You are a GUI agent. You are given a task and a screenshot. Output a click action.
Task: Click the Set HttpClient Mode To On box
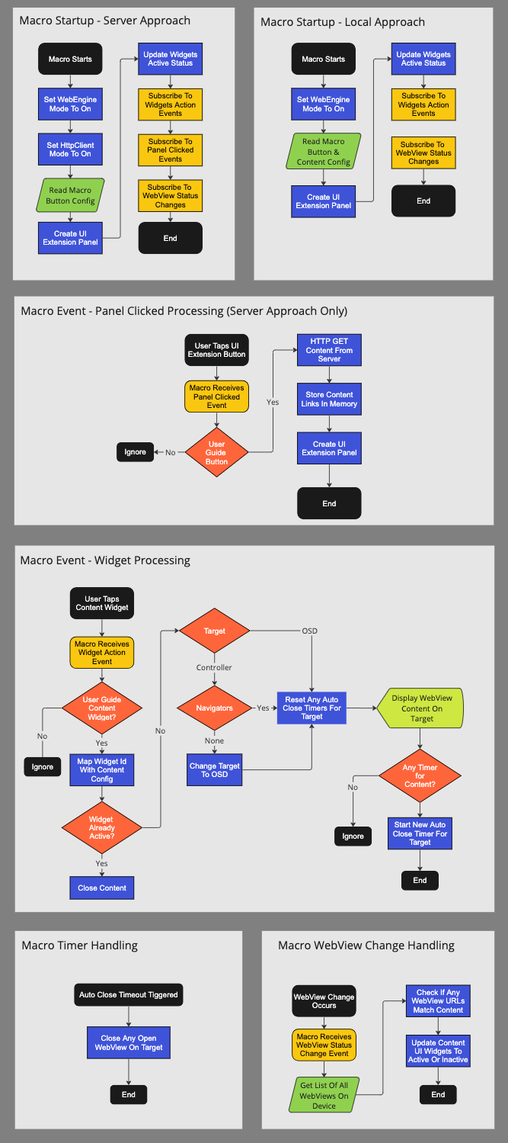70,149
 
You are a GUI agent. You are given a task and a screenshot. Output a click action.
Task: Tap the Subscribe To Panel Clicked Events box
170,149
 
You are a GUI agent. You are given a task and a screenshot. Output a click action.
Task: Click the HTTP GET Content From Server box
329,350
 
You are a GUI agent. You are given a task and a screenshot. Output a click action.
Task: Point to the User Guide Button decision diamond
216,452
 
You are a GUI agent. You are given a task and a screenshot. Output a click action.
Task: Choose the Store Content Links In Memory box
329,399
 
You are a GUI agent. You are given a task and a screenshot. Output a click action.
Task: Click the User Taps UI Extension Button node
216,350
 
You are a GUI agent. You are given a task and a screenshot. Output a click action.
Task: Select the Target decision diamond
214,631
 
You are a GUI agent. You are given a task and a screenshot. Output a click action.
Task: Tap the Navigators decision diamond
214,708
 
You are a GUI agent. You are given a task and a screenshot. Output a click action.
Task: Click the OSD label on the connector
309,631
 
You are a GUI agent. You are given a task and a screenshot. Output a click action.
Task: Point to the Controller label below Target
214,667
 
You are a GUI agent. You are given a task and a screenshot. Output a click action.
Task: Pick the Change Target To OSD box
214,770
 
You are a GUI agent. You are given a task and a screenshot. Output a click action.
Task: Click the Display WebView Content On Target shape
421,708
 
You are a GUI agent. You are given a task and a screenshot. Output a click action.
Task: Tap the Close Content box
102,888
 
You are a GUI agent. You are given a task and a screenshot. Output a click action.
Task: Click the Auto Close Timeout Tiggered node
129,994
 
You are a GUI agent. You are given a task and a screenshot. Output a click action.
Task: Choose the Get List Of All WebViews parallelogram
324,1095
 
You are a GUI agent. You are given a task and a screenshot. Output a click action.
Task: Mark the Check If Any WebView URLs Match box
438,1001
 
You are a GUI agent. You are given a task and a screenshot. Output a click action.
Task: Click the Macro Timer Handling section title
80,946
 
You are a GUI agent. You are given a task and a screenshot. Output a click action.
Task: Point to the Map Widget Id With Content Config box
102,770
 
